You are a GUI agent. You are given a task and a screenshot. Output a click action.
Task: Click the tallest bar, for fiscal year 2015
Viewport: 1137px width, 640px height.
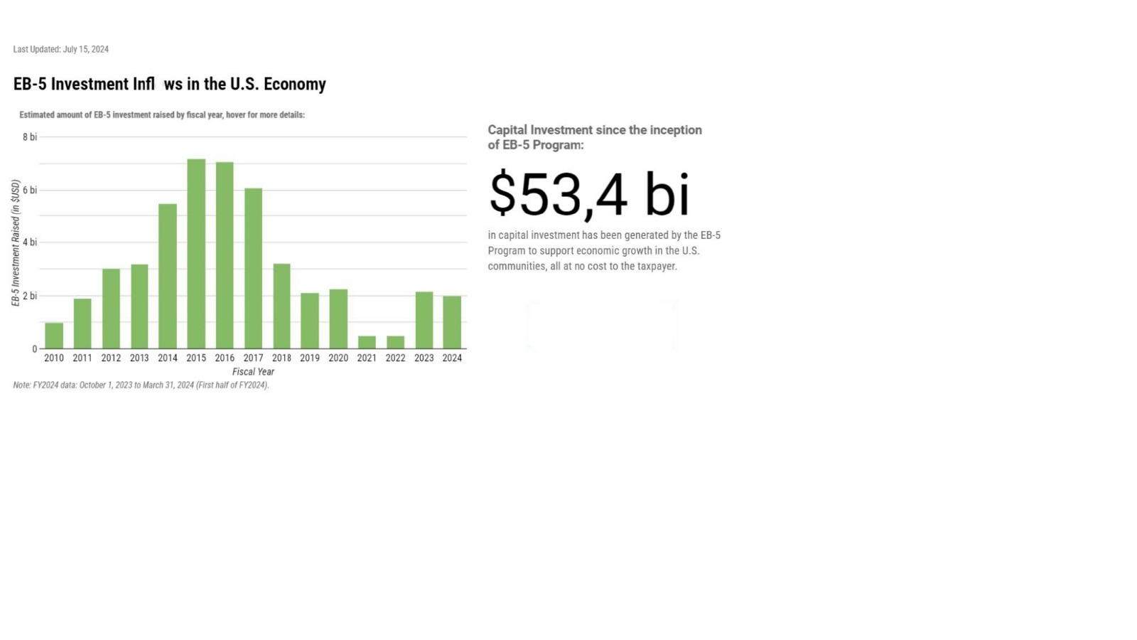196,254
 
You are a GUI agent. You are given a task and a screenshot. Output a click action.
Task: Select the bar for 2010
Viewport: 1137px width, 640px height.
54,336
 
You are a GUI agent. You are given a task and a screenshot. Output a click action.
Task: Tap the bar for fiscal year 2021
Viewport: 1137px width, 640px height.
367,342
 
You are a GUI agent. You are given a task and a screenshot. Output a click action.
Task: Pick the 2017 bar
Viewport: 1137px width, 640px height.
253,268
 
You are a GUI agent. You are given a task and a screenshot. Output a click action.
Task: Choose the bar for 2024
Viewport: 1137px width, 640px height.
452,322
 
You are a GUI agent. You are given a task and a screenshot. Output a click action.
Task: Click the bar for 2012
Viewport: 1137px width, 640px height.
111,309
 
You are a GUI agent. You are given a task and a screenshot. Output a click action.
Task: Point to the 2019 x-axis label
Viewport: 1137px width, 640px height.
310,358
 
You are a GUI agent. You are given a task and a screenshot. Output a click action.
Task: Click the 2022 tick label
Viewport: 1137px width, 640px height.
395,358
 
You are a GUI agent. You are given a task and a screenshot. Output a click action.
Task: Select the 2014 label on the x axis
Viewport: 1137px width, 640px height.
168,358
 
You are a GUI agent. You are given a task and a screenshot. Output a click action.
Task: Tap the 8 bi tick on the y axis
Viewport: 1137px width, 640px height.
29,137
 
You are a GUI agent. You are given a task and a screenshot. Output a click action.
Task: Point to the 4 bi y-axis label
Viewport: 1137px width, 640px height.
29,242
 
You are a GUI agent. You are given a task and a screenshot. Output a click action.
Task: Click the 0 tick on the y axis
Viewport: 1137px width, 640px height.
34,349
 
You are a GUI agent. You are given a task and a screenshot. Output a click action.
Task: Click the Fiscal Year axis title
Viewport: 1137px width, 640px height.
253,372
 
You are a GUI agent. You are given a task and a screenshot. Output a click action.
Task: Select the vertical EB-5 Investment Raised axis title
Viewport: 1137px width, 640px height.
16,242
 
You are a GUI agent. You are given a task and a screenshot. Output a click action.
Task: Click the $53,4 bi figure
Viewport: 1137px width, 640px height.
589,194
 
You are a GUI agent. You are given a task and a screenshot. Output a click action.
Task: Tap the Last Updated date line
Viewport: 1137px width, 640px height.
61,49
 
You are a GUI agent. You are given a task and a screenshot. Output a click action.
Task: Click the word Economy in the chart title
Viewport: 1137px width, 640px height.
294,84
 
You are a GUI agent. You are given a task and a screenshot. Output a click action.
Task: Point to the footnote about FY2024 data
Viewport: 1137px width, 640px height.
141,385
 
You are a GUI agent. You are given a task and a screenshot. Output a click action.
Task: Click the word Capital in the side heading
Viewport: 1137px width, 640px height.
507,130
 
